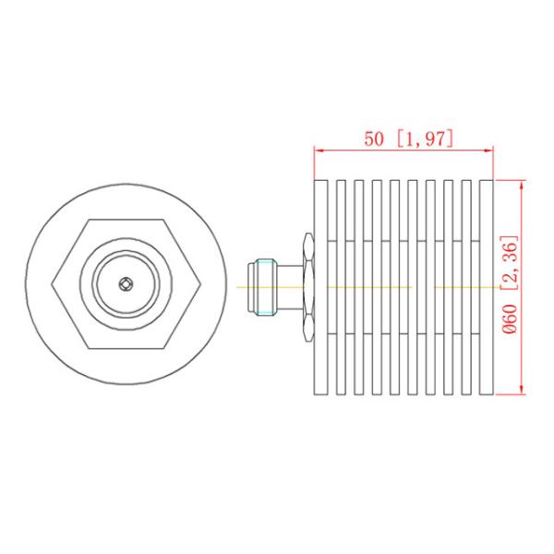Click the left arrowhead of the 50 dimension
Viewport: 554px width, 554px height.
pos(319,150)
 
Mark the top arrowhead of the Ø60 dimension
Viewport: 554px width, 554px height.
pos(524,184)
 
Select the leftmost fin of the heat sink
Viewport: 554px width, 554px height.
pos(321,286)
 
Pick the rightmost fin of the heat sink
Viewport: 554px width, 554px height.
pos(488,286)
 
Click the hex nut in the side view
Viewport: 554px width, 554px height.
pos(307,286)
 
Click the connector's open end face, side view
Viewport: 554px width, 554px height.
pos(247,286)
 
